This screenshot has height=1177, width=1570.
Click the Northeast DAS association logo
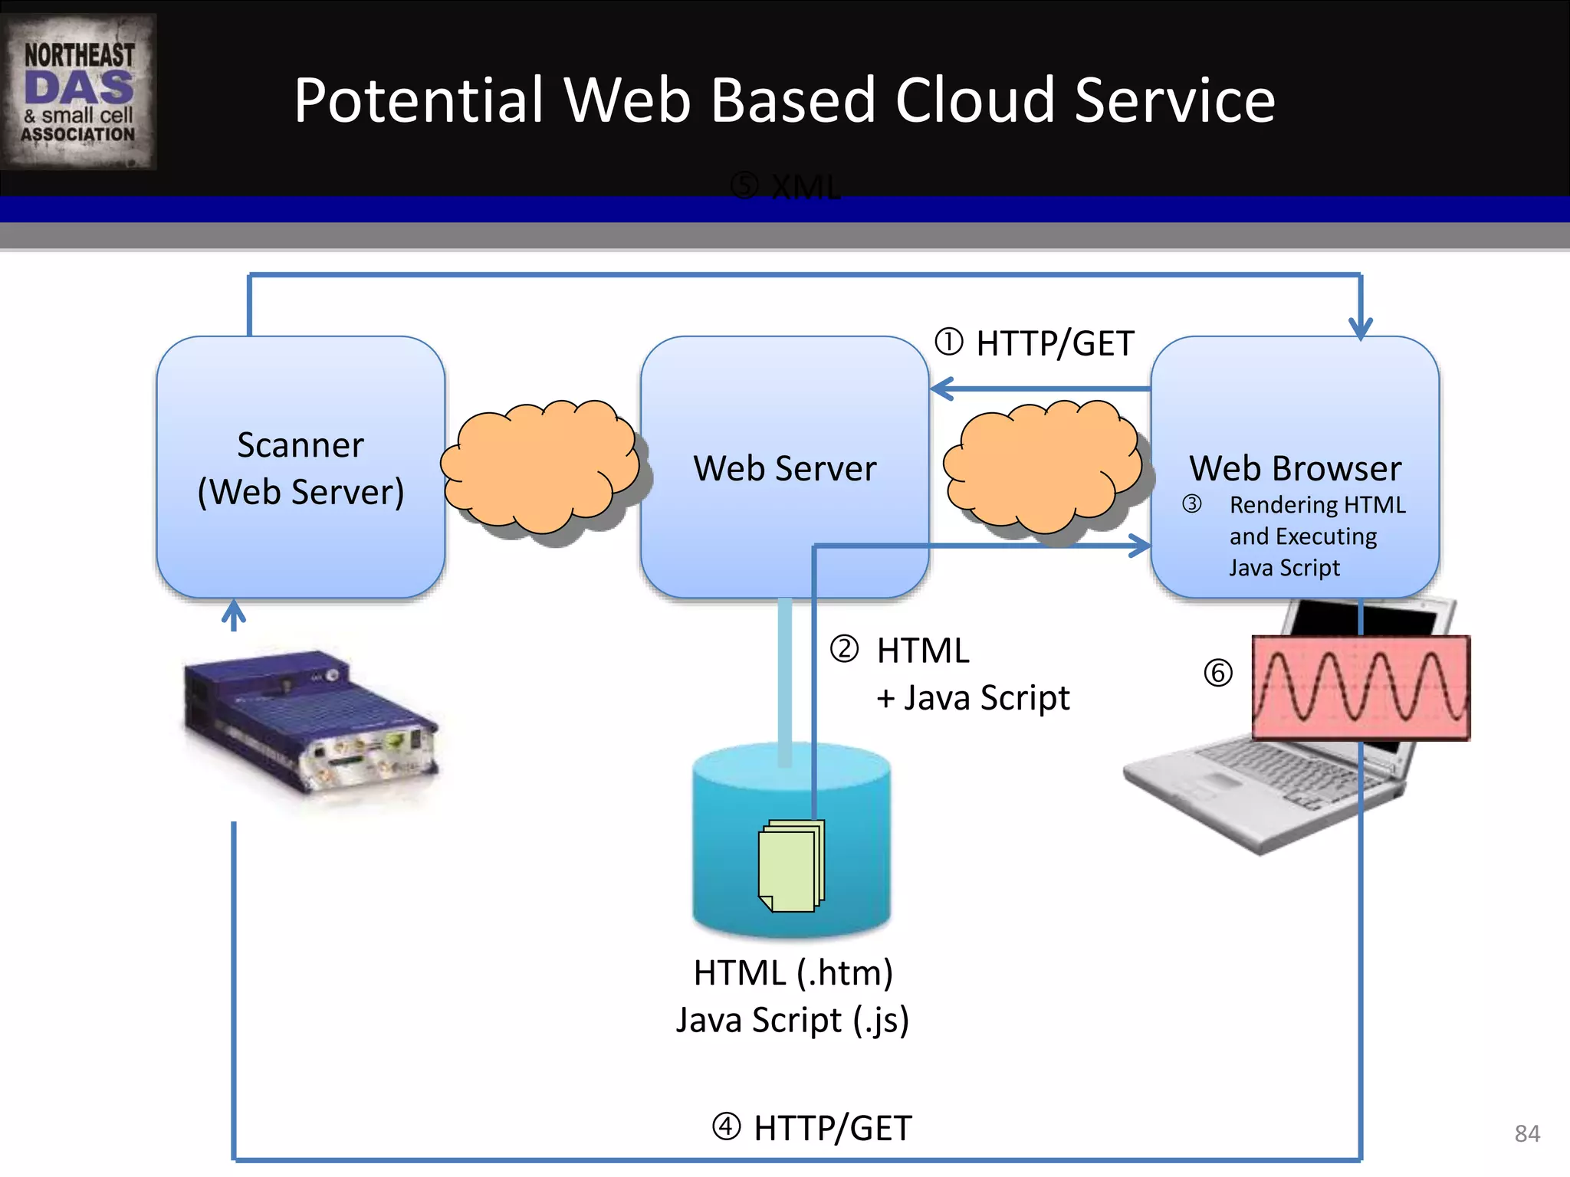[79, 92]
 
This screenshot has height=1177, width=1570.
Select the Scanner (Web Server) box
[301, 467]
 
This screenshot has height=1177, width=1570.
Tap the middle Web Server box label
[784, 468]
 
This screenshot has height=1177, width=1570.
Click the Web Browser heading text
[1295, 468]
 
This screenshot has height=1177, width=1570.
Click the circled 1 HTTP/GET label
[1035, 343]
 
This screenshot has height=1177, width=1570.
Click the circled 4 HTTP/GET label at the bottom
[813, 1128]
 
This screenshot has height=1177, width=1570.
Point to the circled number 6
[1217, 673]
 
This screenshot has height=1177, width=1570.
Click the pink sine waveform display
[1361, 687]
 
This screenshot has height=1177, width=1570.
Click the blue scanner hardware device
[310, 720]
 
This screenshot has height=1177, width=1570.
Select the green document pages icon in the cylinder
[791, 866]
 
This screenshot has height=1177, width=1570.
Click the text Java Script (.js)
[793, 1020]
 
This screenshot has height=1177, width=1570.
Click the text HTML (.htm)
[793, 973]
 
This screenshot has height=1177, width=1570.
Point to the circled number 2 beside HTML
[844, 649]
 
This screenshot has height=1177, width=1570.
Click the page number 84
[1527, 1133]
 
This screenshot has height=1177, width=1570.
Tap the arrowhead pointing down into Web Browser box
[1360, 329]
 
